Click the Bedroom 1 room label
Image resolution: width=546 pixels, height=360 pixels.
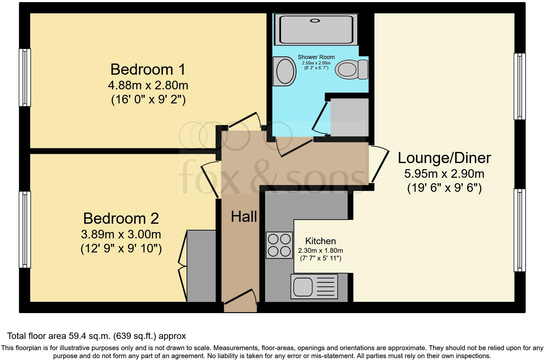pos(148,69)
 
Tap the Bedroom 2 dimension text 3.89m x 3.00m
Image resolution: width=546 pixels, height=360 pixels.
pos(121,235)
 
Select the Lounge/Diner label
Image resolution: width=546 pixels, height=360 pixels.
pos(444,158)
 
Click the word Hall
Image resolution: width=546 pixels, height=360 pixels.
pos(244,217)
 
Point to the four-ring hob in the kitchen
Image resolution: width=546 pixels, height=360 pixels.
pos(279,245)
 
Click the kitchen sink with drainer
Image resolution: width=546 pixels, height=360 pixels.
pos(314,286)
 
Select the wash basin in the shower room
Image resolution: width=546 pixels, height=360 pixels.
pos(284,71)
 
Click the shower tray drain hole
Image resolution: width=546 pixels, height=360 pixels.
pos(315,21)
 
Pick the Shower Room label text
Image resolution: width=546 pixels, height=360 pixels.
pos(316,57)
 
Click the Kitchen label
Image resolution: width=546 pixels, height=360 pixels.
pos(320,241)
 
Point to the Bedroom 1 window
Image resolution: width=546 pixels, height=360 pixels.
pos(25,77)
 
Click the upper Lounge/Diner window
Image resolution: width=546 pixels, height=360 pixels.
pos(519,86)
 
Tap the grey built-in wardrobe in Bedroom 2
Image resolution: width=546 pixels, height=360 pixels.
pos(201,266)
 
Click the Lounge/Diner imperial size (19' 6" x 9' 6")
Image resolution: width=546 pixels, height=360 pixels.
pos(444,188)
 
